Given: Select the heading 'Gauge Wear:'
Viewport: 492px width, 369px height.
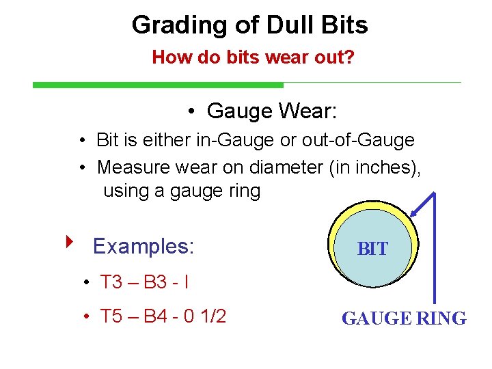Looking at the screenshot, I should pyautogui.click(x=271, y=110).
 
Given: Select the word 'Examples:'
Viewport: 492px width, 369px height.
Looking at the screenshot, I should pyautogui.click(x=143, y=246).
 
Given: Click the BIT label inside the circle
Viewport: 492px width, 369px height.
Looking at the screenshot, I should pyautogui.click(x=372, y=249).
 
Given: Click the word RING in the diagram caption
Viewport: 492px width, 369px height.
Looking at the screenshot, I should pyautogui.click(x=441, y=318).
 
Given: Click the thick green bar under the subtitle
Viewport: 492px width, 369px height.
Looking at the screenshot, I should pyautogui.click(x=158, y=85).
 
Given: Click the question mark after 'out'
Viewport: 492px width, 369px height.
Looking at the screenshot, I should pyautogui.click(x=349, y=57).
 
